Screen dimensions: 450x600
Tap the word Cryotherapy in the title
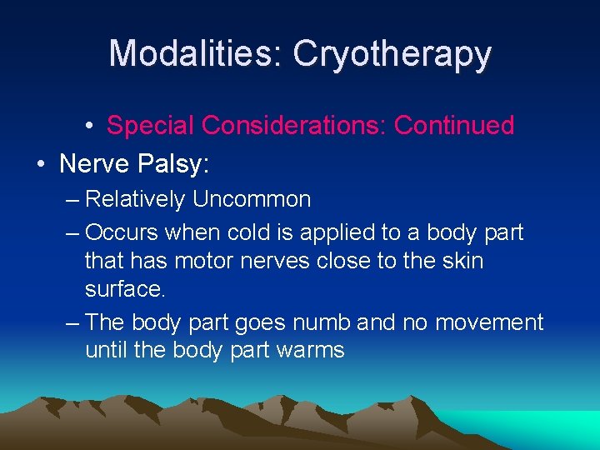point(392,53)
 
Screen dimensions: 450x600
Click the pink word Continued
point(453,125)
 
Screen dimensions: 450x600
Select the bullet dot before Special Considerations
point(88,126)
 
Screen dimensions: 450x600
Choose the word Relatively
point(138,200)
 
